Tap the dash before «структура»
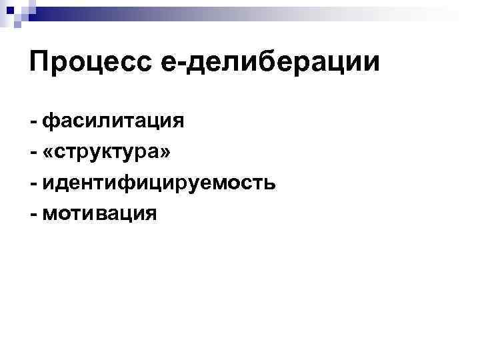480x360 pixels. coord(33,153)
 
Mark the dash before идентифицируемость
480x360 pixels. coord(33,183)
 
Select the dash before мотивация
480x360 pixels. coord(33,214)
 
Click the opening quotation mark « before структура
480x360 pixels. coord(49,153)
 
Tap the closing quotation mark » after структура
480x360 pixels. coord(166,153)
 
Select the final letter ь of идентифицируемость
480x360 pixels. coord(269,183)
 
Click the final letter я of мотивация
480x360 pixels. coord(151,214)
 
